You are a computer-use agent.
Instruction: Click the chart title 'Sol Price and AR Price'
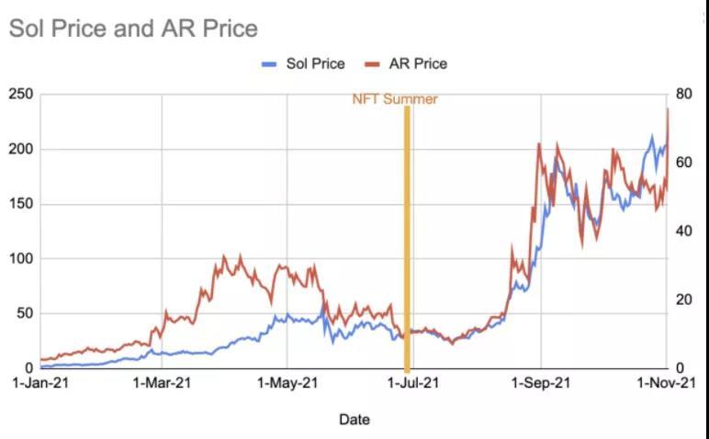(133, 28)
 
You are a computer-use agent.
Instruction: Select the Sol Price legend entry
(303, 64)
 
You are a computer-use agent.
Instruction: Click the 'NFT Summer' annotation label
(395, 99)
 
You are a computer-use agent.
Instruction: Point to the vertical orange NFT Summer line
(406, 239)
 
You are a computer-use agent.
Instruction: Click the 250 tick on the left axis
(20, 95)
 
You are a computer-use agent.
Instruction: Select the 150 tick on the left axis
(20, 204)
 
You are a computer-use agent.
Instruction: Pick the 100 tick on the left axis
(20, 259)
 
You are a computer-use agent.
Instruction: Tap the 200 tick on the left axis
(20, 150)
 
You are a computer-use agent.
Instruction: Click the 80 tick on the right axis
(682, 95)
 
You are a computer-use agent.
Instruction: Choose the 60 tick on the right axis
(682, 163)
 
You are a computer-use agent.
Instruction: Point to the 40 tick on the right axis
(682, 231)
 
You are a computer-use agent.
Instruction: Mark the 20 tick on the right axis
(682, 299)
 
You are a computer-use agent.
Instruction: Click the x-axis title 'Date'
(354, 420)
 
